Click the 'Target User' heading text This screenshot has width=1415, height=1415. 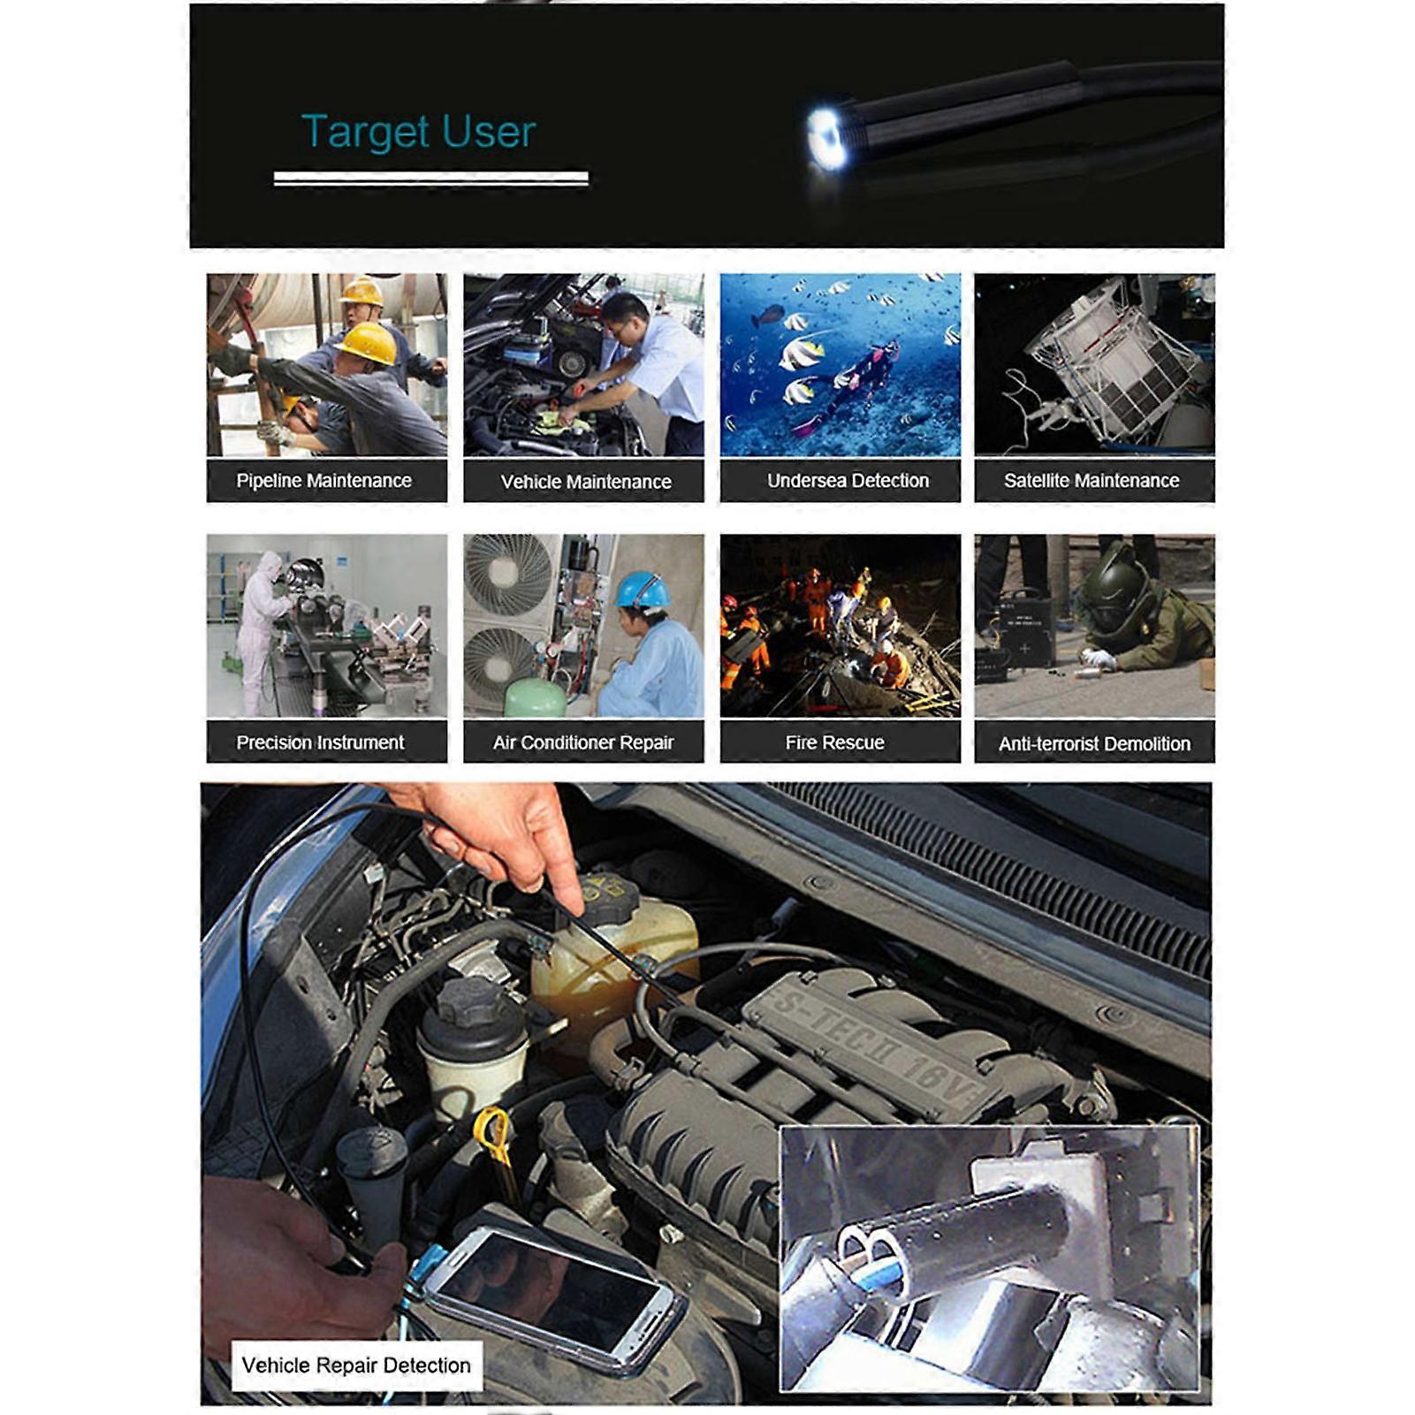418,132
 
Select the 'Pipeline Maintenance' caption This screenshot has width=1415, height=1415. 324,481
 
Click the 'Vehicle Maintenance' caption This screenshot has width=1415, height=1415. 586,482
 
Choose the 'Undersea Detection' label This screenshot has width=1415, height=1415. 848,481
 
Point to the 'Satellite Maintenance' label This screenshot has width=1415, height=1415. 1092,481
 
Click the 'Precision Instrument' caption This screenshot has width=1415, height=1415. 320,742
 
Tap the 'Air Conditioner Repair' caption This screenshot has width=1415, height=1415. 583,742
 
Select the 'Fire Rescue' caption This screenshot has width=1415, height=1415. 834,742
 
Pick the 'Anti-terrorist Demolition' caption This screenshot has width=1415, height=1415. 1094,744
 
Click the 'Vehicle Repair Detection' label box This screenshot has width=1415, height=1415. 356,1366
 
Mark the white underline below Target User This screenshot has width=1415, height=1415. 430,179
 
